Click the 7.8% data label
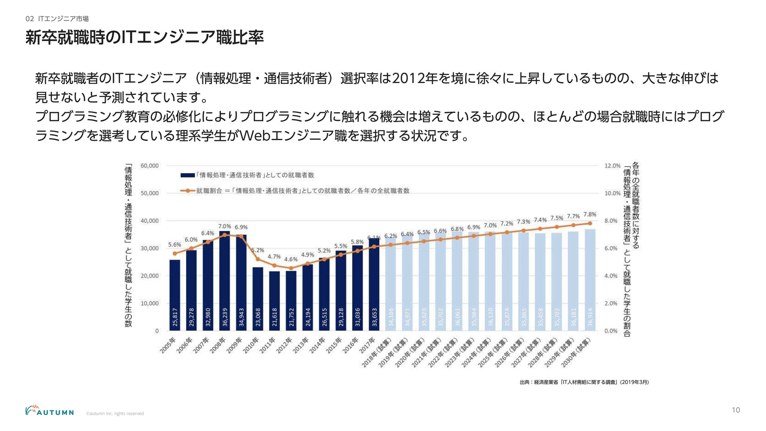pos(590,215)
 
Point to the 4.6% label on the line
pos(291,259)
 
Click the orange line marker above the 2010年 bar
pos(258,259)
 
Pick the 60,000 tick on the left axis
pos(150,166)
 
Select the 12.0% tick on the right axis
pos(612,166)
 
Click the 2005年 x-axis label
pos(168,345)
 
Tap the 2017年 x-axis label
pos(367,345)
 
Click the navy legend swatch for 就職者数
pos(188,175)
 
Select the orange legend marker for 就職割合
pos(188,191)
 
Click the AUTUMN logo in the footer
pos(49,411)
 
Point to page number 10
pos(736,410)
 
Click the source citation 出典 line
pos(584,382)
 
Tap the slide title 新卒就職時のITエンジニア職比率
pos(144,38)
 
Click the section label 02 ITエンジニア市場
pos(57,19)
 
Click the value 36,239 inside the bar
pos(225,317)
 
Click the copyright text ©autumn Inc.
pos(115,414)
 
